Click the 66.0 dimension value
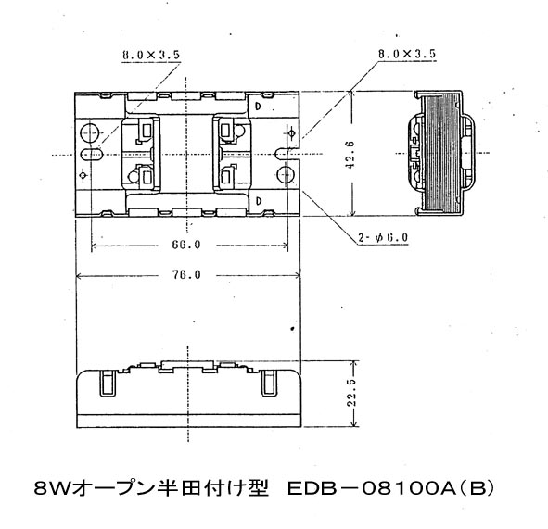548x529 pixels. coord(186,245)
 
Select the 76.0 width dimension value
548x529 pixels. coord(186,275)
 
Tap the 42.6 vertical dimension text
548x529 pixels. coord(350,155)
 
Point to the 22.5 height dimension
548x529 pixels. coord(351,393)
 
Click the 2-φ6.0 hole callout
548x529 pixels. coord(383,238)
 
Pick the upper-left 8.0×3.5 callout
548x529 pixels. coord(151,55)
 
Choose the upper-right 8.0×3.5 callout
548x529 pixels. coord(407,54)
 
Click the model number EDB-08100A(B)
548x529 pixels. coord(391,488)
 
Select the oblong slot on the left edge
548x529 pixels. coord(91,154)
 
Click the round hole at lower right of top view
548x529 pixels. coord(286,174)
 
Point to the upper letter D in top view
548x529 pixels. coord(259,106)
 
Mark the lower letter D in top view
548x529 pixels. coord(259,201)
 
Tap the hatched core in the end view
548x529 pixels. coord(440,153)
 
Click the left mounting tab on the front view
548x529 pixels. coord(108,383)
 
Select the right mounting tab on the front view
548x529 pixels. coord(270,383)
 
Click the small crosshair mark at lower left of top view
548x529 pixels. coord(83,175)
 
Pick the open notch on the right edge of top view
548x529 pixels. coord(288,154)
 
